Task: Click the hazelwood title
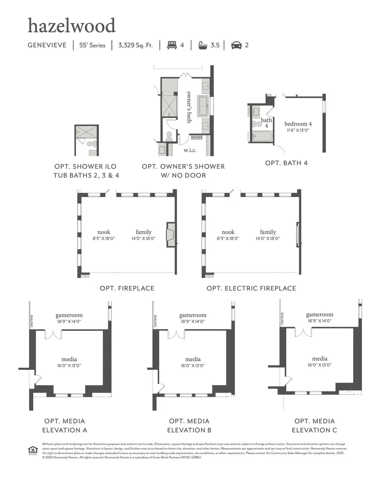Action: click(x=71, y=26)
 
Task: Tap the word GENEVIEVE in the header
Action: click(x=47, y=45)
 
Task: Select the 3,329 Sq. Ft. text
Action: click(x=136, y=45)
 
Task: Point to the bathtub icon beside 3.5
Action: click(x=203, y=45)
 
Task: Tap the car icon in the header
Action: click(x=236, y=45)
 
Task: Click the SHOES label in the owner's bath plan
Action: click(x=197, y=137)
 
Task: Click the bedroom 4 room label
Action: click(x=298, y=124)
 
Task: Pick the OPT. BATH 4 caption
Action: click(x=286, y=163)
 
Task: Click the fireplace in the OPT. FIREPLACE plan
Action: click(x=171, y=235)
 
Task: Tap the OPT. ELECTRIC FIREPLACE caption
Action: click(x=251, y=289)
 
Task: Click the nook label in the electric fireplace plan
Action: click(x=228, y=232)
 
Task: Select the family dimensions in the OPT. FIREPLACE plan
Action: click(x=144, y=238)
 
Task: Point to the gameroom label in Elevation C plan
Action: click(x=320, y=314)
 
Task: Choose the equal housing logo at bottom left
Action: click(x=32, y=450)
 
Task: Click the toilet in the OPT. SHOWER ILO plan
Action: click(x=90, y=144)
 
